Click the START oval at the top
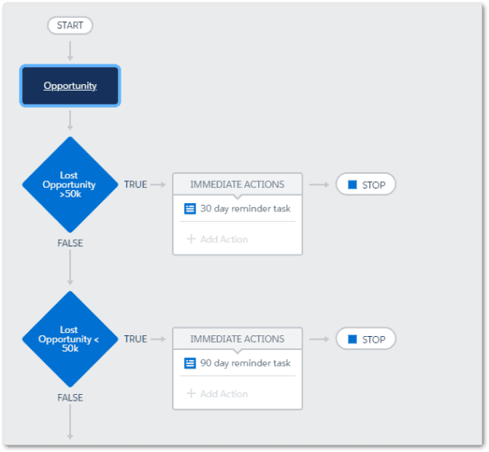click(x=70, y=25)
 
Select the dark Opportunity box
click(x=70, y=86)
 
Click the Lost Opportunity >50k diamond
click(x=70, y=184)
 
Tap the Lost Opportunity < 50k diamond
click(x=70, y=339)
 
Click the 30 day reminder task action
click(x=237, y=209)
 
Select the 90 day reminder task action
click(x=237, y=363)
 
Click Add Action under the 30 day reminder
click(x=218, y=239)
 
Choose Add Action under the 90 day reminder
click(x=218, y=393)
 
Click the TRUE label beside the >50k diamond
click(x=135, y=184)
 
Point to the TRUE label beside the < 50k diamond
click(x=135, y=339)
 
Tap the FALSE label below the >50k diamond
click(x=70, y=243)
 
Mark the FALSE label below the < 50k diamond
click(x=70, y=397)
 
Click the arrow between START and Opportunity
click(x=70, y=51)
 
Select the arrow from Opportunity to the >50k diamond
click(x=70, y=121)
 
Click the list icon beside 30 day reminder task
click(x=190, y=209)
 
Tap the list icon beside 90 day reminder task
click(x=190, y=363)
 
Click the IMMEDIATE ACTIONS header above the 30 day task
click(x=237, y=184)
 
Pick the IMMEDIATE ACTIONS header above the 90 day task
click(x=237, y=339)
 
